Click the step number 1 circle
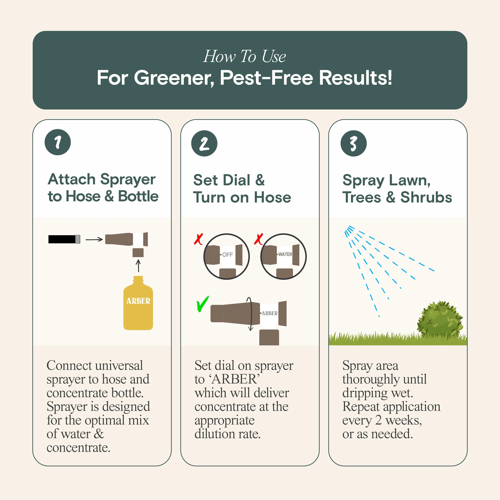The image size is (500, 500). click(x=58, y=142)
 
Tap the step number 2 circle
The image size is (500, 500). click(x=204, y=143)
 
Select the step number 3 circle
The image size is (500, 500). click(x=353, y=143)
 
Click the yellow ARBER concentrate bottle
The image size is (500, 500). click(x=138, y=303)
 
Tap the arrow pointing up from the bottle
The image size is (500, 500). click(x=138, y=266)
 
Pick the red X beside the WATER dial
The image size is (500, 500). click(x=258, y=239)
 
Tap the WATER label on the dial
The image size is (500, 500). click(x=285, y=254)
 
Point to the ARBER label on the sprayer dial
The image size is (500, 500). click(x=270, y=313)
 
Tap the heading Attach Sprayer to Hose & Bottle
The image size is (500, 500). click(x=103, y=188)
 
